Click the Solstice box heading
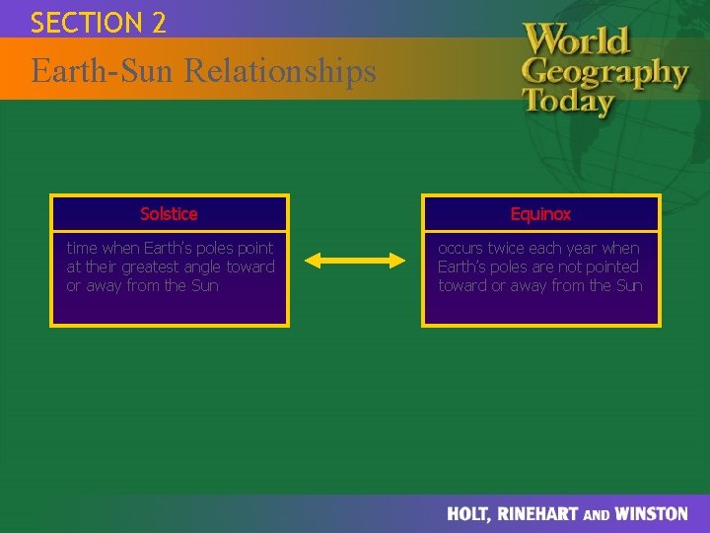169,214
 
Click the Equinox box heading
540,214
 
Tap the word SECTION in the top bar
86,23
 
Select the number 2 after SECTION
159,23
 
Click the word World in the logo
576,41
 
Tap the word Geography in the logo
603,72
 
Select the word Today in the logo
568,101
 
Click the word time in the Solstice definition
83,248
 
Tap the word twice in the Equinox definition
511,248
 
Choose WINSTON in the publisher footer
652,514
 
